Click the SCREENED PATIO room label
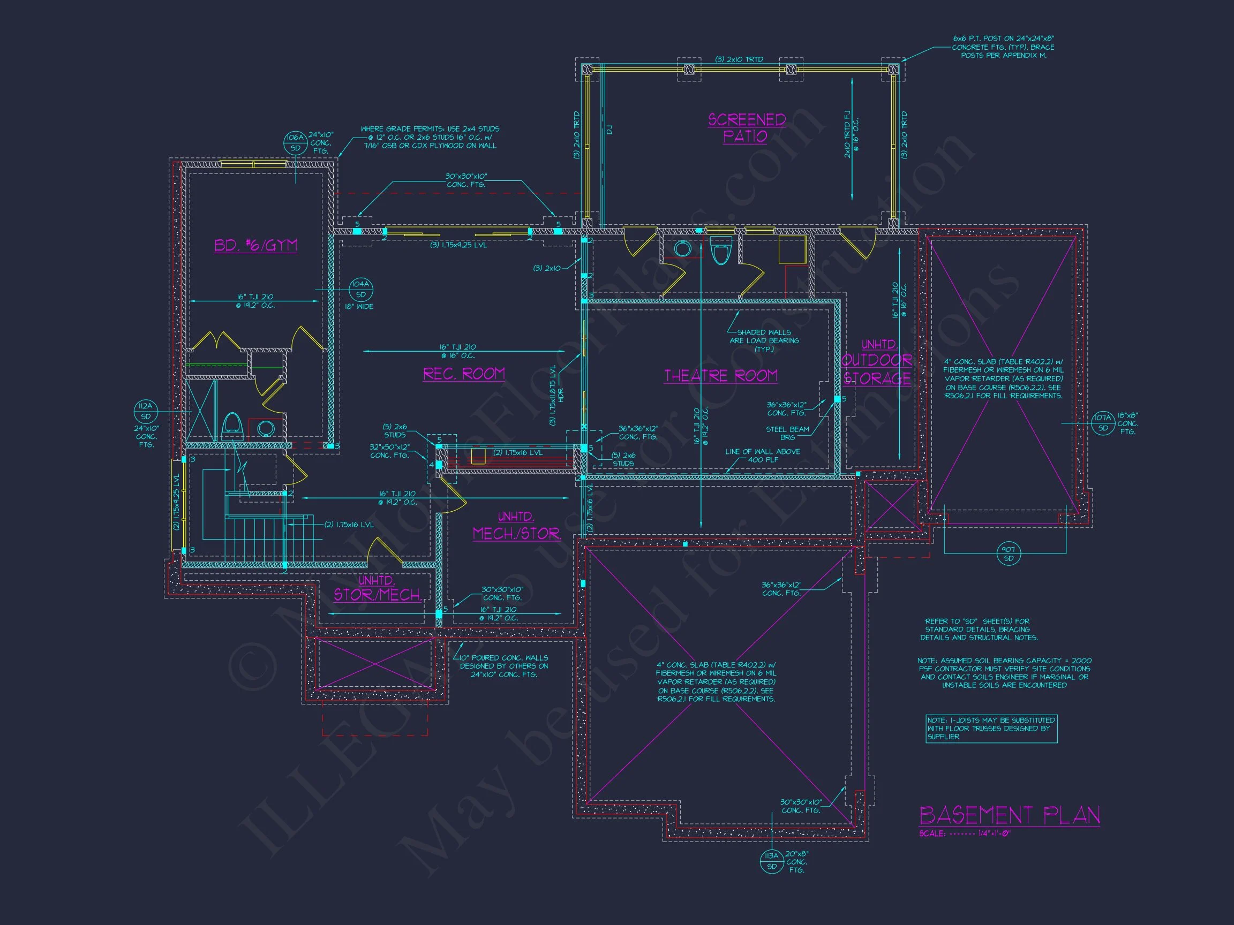click(x=747, y=128)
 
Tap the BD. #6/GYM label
click(x=255, y=245)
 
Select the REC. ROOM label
click(x=464, y=374)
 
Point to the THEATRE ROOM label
click(x=721, y=376)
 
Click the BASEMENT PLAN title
click(x=1009, y=815)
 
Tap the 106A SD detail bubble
click(x=295, y=143)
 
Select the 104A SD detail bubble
click(x=360, y=290)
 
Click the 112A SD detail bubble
click(x=146, y=412)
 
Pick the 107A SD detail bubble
click(x=1102, y=423)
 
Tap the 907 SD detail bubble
click(x=1008, y=553)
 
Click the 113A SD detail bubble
click(x=772, y=861)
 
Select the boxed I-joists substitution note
click(x=991, y=728)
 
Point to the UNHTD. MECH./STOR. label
click(x=516, y=526)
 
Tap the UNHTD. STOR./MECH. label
click(x=377, y=589)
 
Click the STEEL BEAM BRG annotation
click(x=787, y=433)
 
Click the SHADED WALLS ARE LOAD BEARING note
click(x=764, y=340)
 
